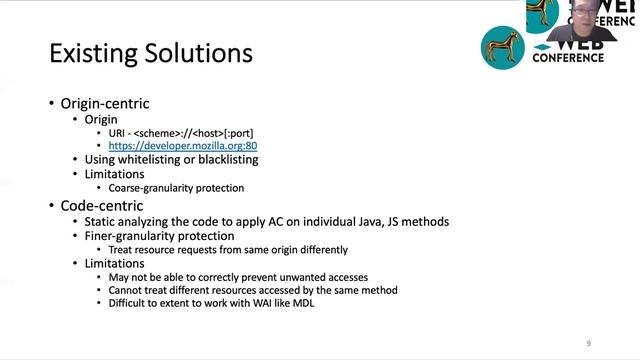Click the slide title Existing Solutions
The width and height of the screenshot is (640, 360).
tap(151, 52)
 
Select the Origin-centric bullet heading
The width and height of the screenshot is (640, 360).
tap(105, 103)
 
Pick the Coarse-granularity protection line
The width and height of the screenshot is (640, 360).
tap(176, 187)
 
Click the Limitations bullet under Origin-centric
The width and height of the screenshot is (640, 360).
tap(117, 173)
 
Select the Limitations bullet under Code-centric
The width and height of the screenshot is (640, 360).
tap(117, 263)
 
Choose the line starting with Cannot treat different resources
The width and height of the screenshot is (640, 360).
tap(253, 290)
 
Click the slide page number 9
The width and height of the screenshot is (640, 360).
tap(588, 343)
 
